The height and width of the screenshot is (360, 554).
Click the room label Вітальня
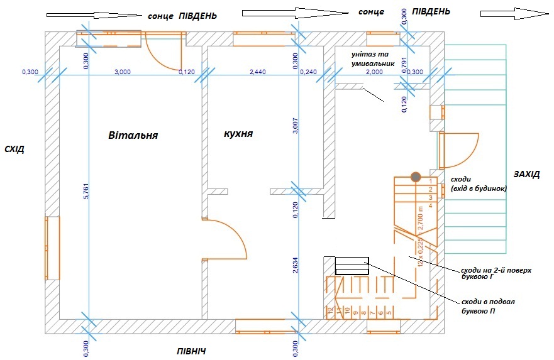click(132, 135)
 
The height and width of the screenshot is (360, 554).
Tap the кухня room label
click(238, 134)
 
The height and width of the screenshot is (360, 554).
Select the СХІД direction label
click(14, 149)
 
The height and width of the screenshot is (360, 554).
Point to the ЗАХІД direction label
click(526, 173)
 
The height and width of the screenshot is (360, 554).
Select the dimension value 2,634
click(296, 268)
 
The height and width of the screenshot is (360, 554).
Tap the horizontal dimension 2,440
click(257, 72)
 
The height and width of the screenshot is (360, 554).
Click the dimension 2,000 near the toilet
click(374, 72)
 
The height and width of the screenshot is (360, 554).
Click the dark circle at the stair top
click(415, 177)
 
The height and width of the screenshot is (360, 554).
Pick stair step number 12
click(330, 310)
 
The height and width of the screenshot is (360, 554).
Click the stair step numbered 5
click(389, 312)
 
